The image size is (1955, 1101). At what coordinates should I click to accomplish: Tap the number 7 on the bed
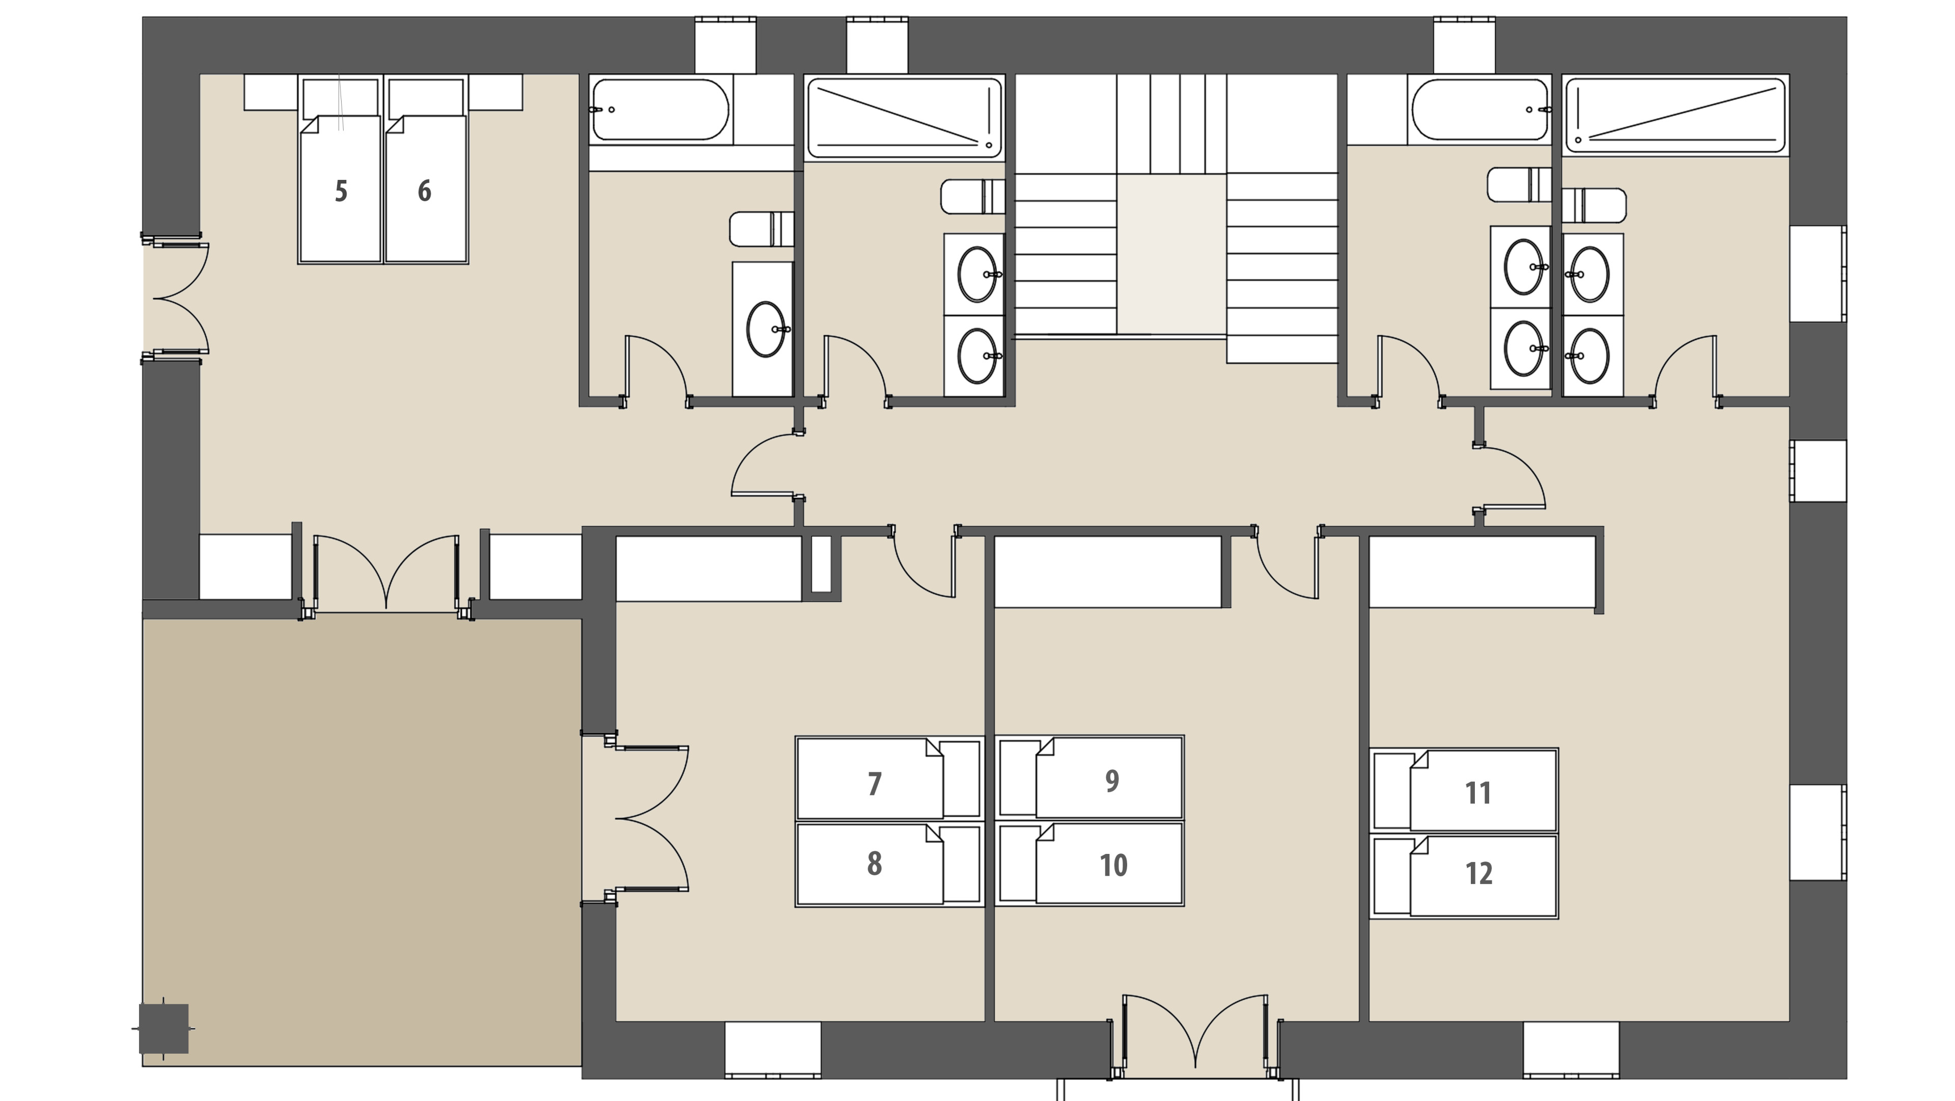coord(874,784)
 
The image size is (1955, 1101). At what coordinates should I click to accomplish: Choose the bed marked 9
coord(1090,777)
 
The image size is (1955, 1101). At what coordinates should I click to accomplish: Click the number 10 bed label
coord(1113,865)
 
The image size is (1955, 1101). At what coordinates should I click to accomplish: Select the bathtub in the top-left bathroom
coord(660,110)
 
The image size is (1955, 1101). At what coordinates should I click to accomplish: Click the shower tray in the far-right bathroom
coord(1675,116)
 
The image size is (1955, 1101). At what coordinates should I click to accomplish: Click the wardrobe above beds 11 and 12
coord(1482,572)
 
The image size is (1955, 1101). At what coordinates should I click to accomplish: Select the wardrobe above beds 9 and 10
coord(1108,572)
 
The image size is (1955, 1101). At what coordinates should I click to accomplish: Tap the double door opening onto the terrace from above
coord(386,573)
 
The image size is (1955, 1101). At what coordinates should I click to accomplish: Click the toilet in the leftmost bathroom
coord(761,229)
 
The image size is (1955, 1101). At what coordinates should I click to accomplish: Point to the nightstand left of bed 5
coord(270,92)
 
